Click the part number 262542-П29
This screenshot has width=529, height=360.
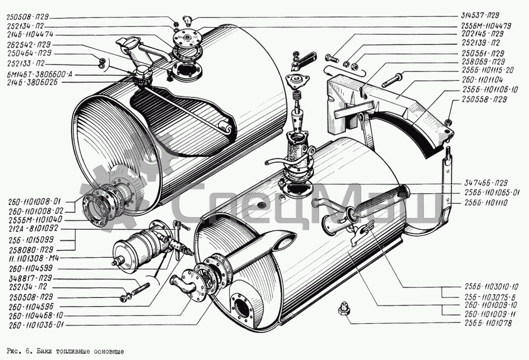pyautogui.click(x=30, y=44)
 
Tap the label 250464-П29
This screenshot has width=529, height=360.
pyautogui.click(x=30, y=53)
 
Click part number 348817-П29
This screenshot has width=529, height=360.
pyautogui.click(x=30, y=278)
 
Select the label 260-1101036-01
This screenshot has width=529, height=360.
pyautogui.click(x=37, y=325)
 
